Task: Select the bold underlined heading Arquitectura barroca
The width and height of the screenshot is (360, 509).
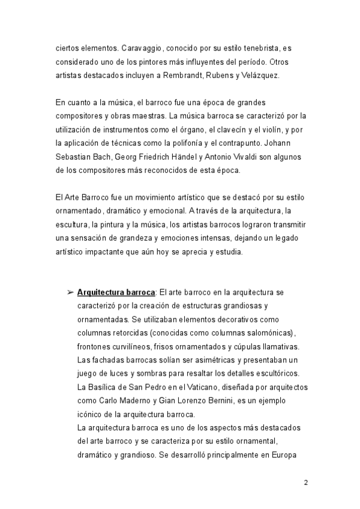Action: coord(116,292)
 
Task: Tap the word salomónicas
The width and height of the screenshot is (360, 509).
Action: coord(271,333)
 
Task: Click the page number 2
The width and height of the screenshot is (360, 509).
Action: coord(306,483)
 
